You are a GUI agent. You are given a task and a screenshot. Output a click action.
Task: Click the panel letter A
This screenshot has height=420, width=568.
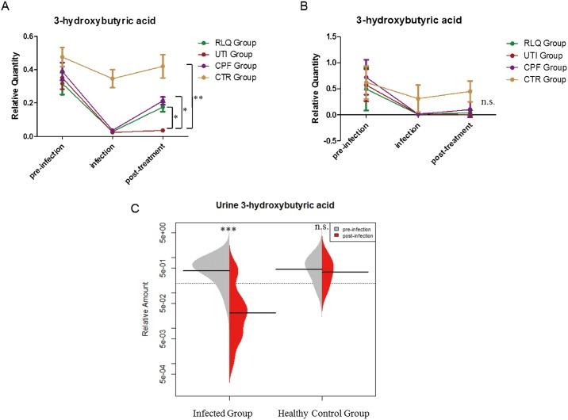[8, 7]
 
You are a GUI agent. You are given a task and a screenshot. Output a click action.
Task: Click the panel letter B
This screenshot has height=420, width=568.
[303, 7]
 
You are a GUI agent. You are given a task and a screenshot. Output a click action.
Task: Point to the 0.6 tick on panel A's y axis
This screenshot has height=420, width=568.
[29, 36]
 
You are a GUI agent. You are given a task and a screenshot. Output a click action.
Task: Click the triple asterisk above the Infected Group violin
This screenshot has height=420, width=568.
[228, 231]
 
